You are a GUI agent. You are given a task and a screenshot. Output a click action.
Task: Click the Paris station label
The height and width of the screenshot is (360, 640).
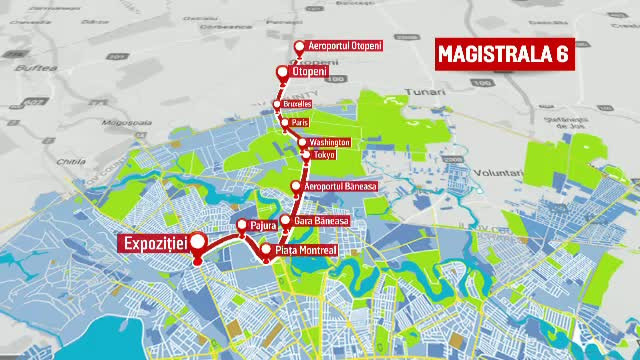(300, 123)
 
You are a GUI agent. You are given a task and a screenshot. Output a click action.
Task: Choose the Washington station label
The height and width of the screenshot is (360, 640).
(330, 142)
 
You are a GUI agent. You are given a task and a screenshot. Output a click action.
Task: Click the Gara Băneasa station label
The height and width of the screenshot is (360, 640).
(322, 220)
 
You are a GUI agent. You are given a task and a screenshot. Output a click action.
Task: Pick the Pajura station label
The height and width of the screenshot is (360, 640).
(265, 225)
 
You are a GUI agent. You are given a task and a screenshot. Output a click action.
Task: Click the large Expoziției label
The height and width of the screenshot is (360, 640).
(153, 242)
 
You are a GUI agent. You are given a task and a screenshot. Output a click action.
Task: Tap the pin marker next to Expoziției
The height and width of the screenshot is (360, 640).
(198, 242)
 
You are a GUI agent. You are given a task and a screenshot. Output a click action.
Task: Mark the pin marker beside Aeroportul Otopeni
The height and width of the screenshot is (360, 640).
(299, 47)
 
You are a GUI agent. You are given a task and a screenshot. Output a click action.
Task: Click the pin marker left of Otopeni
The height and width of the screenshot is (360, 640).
(282, 72)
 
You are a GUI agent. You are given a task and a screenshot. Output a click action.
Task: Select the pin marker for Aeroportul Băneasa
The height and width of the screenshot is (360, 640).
(297, 187)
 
